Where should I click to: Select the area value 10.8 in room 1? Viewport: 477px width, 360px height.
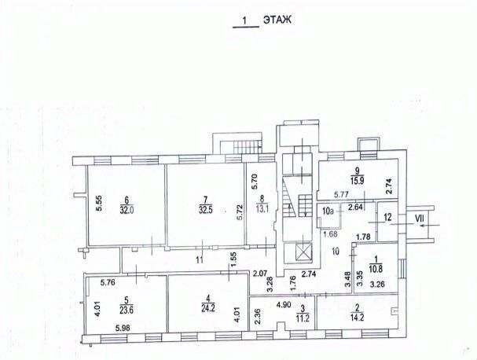(x=376, y=274)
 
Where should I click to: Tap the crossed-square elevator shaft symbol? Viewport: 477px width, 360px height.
(x=303, y=253)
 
